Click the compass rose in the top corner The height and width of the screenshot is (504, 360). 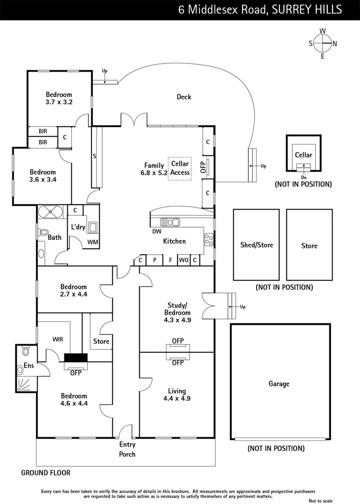(x=322, y=43)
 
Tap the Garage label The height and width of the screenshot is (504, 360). (x=278, y=384)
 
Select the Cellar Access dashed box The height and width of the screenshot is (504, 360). (x=180, y=168)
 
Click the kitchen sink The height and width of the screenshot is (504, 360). (x=170, y=222)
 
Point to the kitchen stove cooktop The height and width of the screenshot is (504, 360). (x=208, y=240)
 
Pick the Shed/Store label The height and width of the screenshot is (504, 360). (x=256, y=245)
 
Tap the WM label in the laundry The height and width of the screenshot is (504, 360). (x=92, y=242)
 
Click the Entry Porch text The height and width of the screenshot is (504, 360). (x=127, y=449)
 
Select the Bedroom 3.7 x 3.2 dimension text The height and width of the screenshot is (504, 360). (x=59, y=101)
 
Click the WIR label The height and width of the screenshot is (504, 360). (x=58, y=338)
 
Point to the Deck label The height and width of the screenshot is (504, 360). (x=184, y=97)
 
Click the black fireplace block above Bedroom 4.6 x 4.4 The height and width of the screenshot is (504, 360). (x=76, y=358)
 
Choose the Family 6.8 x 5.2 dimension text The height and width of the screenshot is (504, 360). (x=154, y=172)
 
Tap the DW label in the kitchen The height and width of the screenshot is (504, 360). (x=156, y=231)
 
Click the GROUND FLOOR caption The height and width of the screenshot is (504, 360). (x=46, y=473)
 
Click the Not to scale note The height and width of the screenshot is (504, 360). (x=321, y=500)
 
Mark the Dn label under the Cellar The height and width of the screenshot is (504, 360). (x=304, y=177)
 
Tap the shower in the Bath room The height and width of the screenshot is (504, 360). (x=49, y=211)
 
